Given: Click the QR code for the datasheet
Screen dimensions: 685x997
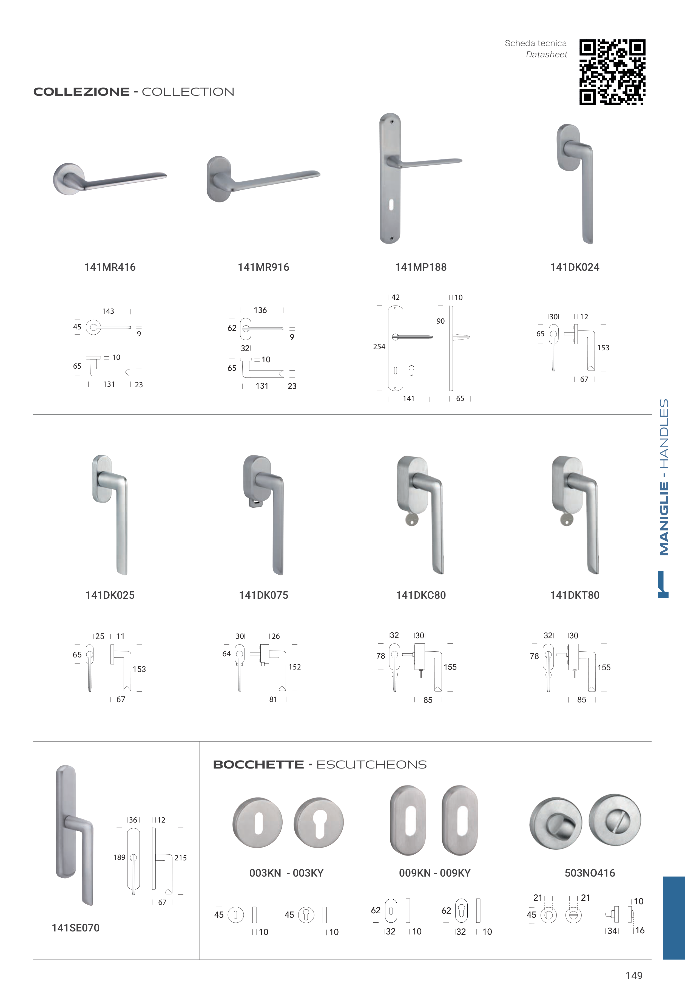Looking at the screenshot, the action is (x=612, y=72).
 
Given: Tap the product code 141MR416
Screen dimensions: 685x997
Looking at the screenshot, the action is (x=110, y=267).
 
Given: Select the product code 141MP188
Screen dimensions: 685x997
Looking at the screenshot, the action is (x=420, y=267).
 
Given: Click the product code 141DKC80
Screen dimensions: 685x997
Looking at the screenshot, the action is (x=420, y=595).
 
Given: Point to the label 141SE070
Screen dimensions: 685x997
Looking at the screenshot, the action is (x=76, y=928).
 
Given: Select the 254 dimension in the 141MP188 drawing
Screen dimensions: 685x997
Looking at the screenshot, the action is (x=379, y=346).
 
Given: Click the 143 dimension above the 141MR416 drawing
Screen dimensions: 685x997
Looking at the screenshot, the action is (x=108, y=311).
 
